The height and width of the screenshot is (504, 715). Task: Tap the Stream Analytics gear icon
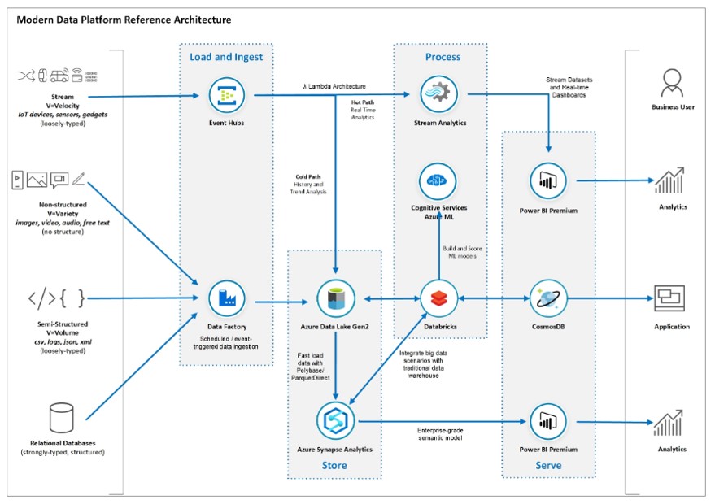coord(438,92)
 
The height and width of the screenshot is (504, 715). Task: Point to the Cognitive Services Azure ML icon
coord(438,180)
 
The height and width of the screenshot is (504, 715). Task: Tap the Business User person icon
coord(670,82)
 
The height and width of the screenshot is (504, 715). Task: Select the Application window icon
coord(670,298)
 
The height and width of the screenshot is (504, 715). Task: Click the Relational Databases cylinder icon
coord(61,418)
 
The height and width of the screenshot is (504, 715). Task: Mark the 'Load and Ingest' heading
coord(225,57)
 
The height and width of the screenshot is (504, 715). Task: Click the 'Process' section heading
coord(443,57)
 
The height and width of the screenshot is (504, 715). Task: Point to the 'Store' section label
coord(334,466)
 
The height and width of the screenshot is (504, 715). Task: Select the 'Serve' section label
coord(548,466)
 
